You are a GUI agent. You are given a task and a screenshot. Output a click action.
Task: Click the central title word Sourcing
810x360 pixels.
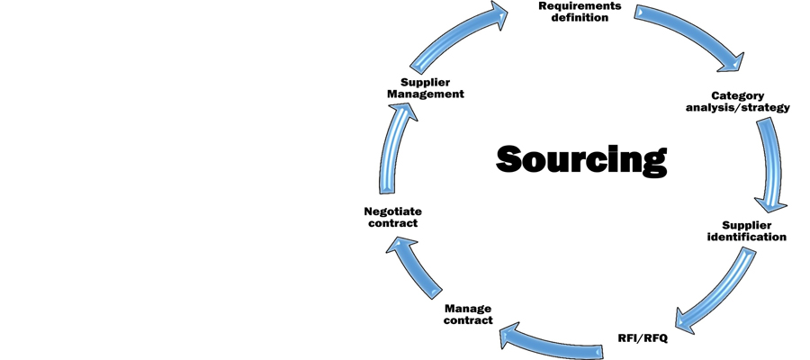581,158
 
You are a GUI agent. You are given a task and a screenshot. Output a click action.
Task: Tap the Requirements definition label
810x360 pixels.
580,12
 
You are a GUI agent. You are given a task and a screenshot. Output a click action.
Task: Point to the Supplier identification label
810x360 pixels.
754,230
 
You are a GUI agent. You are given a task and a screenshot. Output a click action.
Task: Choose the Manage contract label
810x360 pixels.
468,314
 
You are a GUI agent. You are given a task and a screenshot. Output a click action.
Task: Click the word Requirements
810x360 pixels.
580,5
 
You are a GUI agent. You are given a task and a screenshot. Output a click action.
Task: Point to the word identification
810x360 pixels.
754,237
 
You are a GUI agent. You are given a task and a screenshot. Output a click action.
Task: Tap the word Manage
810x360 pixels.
468,308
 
